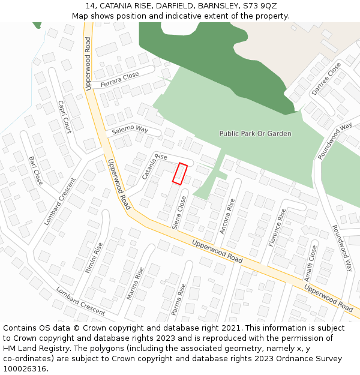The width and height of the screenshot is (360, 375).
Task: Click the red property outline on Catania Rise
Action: click(x=180, y=173)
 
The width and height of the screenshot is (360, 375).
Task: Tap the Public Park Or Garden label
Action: click(x=255, y=134)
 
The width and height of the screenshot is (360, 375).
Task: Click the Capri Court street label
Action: click(x=64, y=115)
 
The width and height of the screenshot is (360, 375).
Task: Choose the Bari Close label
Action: click(x=36, y=170)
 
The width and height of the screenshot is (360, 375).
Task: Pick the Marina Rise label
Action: click(x=136, y=283)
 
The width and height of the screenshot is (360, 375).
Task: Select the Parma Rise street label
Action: click(x=179, y=299)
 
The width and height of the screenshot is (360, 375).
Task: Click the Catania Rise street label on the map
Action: click(x=154, y=166)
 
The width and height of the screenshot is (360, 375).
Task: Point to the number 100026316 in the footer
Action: click(x=24, y=369)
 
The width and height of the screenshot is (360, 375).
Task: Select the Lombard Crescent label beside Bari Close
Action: click(x=59, y=201)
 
